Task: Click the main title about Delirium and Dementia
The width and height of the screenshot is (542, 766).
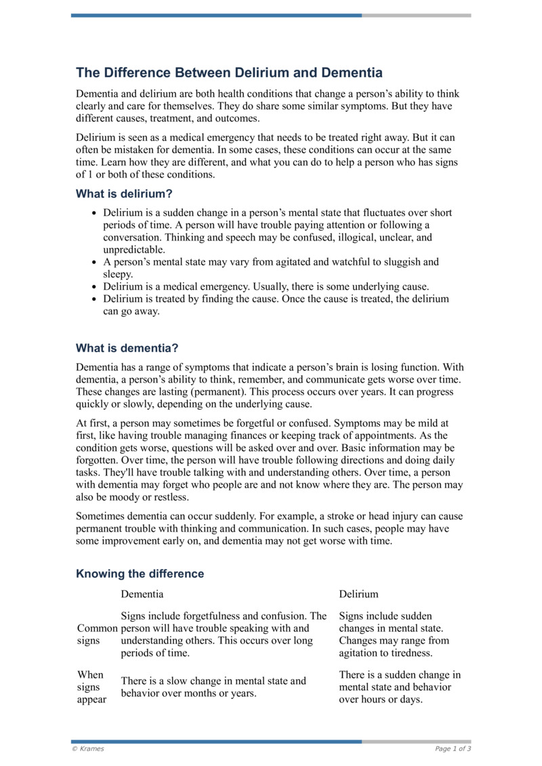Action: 229,72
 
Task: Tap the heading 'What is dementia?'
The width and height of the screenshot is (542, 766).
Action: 127,349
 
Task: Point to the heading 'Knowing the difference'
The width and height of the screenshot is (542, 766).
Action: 140,574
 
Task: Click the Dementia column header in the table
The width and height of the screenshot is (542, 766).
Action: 142,594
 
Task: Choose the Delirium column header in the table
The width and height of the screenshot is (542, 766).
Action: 358,594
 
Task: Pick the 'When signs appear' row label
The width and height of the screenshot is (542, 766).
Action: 91,687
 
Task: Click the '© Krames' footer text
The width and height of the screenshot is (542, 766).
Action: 87,748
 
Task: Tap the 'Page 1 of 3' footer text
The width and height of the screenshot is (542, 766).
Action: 453,748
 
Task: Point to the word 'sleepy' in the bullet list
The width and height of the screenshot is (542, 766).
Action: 117,274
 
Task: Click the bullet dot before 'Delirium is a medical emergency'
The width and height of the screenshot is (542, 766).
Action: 94,286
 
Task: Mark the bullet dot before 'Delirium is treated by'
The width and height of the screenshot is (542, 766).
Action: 94,299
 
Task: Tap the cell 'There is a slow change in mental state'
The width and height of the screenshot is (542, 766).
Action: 213,687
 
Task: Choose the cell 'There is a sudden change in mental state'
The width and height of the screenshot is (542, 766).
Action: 400,687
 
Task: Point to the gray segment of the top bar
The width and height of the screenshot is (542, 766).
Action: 416,15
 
